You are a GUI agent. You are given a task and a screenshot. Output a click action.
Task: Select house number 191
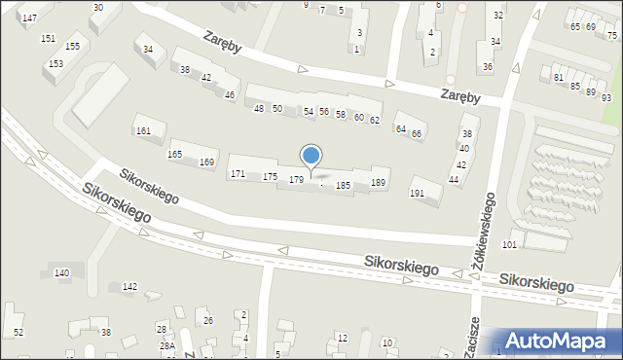pos(417,194)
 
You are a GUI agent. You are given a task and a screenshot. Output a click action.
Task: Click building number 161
pos(143,130)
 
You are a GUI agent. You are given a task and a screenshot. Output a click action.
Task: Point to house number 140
pos(61,273)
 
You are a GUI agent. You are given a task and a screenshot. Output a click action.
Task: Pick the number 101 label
pos(508,244)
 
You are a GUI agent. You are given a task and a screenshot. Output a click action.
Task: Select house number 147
pos(29,18)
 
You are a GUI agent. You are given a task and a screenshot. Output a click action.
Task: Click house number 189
pos(379,183)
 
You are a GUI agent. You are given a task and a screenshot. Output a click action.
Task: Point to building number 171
pos(237,173)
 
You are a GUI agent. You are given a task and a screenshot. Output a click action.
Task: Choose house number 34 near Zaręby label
pos(148,49)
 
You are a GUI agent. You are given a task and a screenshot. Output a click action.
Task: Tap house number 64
pos(399,128)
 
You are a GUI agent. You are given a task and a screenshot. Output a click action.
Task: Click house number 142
pos(129,286)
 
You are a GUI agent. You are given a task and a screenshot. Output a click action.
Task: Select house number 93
pos(605,98)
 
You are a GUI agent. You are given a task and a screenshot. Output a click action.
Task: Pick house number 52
pos(18,333)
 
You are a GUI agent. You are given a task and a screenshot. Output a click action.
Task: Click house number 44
pos(454,180)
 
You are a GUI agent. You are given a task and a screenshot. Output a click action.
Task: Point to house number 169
pos(206,162)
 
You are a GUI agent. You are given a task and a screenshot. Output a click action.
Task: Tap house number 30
pos(97,7)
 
